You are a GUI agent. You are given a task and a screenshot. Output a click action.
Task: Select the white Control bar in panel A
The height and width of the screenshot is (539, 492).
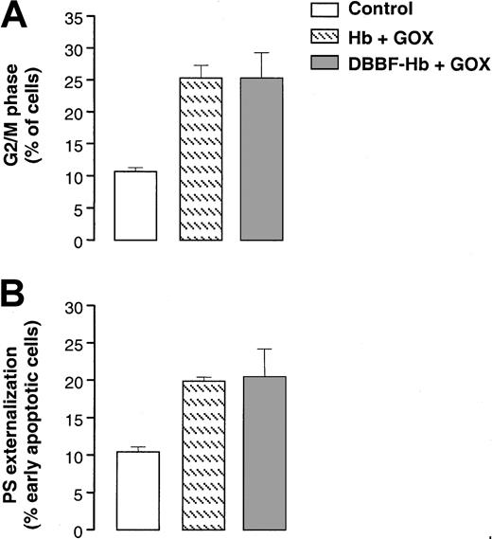click(135, 206)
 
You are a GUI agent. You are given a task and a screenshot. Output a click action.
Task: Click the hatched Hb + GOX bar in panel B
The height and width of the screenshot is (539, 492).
click(200, 456)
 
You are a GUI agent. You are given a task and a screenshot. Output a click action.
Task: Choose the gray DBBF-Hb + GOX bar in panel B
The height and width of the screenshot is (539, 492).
click(262, 454)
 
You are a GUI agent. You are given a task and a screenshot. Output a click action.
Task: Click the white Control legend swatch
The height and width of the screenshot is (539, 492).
click(329, 12)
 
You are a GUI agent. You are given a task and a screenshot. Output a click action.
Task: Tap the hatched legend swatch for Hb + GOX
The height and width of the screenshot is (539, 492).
click(329, 37)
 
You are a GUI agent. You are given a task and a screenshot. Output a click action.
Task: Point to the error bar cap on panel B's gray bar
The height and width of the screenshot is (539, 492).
click(262, 349)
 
